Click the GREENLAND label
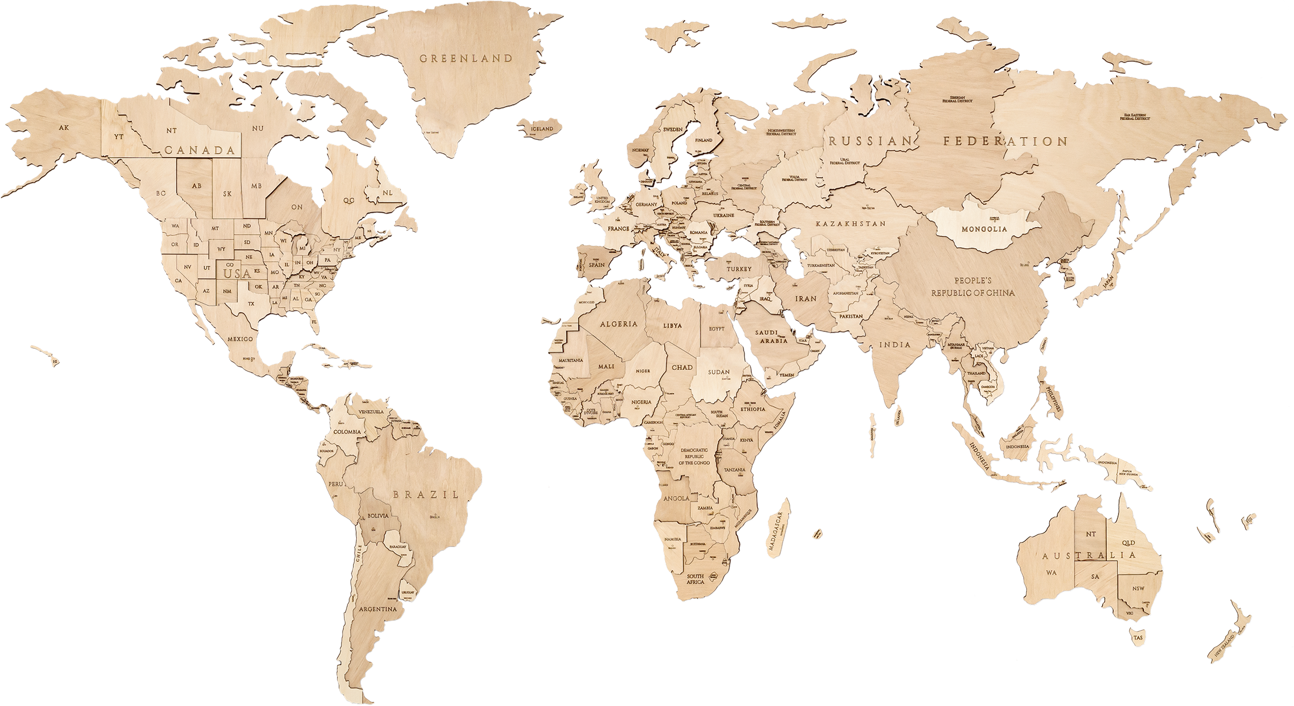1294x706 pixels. tap(466, 58)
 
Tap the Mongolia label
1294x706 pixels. tap(984, 229)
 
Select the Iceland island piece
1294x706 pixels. tap(541, 129)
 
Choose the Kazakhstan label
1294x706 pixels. tap(851, 224)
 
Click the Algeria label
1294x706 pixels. tap(618, 324)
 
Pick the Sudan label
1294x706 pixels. tap(719, 372)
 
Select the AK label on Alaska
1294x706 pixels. tap(64, 127)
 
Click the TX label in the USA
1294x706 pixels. tap(250, 304)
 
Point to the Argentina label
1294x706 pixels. tap(379, 609)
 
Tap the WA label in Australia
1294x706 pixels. tap(1051, 572)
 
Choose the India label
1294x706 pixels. tap(895, 345)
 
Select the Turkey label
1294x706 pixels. tap(739, 269)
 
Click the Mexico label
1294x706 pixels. tap(240, 339)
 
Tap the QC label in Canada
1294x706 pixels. tap(349, 200)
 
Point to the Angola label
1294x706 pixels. tap(676, 498)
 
